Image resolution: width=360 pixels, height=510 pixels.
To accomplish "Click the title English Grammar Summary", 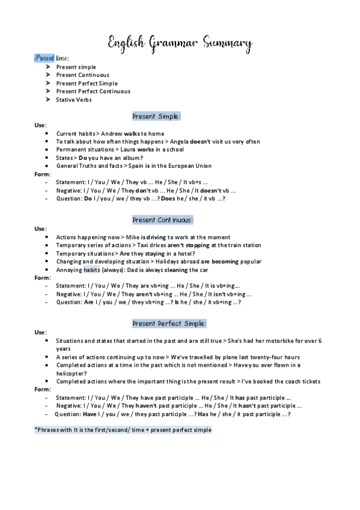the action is tap(180, 43).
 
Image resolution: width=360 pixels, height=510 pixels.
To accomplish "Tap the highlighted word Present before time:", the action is tap(44, 58).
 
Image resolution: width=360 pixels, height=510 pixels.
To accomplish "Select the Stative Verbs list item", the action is tap(73, 100).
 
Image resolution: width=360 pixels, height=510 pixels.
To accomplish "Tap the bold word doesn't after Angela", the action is tap(198, 141).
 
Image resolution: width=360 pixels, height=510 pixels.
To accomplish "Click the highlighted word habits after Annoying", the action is tap(91, 270).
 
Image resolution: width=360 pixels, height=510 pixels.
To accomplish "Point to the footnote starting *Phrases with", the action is tap(123, 431).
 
